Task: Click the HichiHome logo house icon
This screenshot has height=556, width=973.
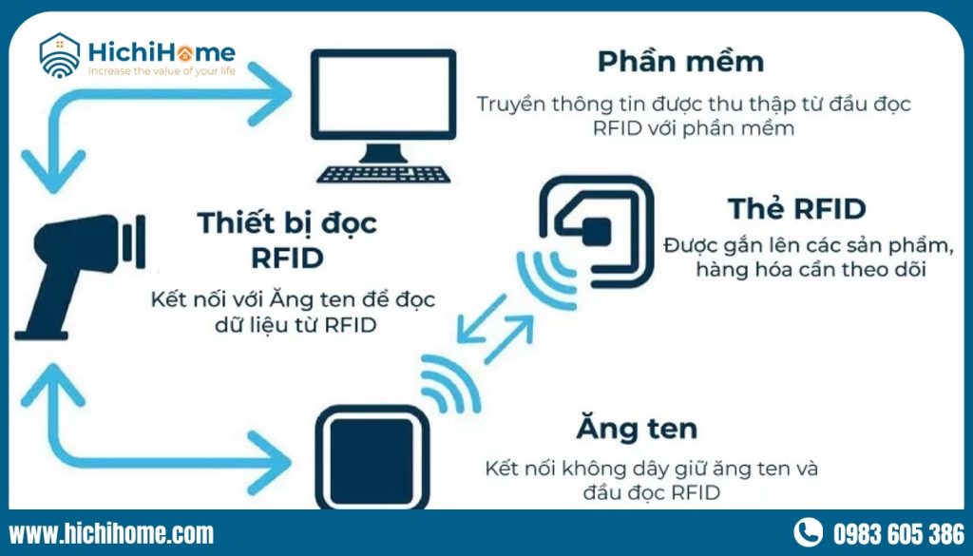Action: (x=59, y=55)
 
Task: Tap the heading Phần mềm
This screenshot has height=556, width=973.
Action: (x=681, y=63)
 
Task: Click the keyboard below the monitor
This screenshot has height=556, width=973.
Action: (x=384, y=173)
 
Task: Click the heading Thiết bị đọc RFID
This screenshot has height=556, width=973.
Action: (x=287, y=240)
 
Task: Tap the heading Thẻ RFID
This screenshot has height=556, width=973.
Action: (x=797, y=209)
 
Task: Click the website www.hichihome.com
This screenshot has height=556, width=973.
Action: (x=111, y=533)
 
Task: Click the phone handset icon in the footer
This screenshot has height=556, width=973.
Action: (x=809, y=532)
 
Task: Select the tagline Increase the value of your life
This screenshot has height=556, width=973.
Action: (x=162, y=69)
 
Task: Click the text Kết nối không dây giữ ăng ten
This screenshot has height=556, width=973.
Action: (x=651, y=469)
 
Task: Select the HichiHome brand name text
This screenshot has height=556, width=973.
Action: (x=162, y=51)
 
